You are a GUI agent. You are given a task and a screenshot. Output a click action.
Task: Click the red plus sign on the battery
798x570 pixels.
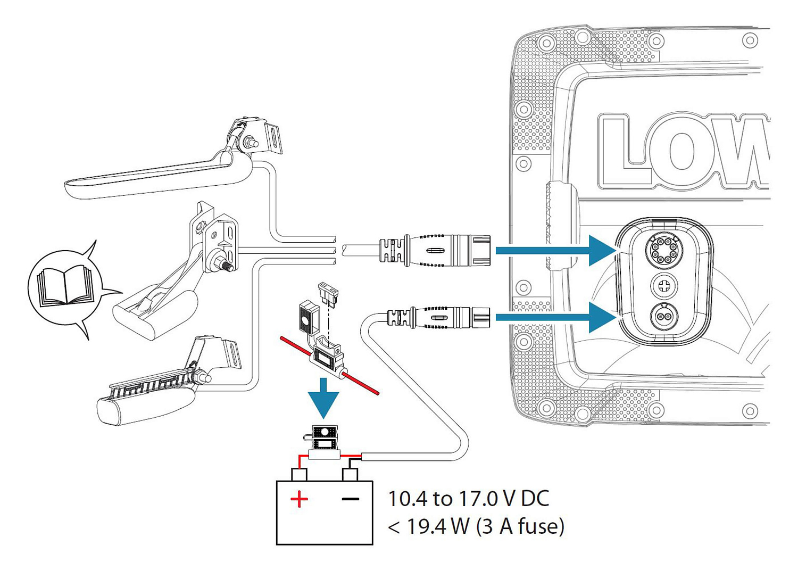click(x=299, y=499)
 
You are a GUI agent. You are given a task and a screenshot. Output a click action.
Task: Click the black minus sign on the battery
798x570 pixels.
click(x=350, y=499)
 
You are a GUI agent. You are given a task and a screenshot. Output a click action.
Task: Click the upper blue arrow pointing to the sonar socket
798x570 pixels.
click(x=556, y=250)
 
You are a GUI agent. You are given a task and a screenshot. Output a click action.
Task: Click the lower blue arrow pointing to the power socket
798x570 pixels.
click(x=556, y=318)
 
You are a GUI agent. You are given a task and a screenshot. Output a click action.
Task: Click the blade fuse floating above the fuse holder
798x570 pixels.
click(x=328, y=296)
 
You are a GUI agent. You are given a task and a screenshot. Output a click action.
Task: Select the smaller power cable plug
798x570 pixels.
click(x=438, y=318)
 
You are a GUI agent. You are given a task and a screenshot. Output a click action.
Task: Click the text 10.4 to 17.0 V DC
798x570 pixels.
click(x=468, y=499)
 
